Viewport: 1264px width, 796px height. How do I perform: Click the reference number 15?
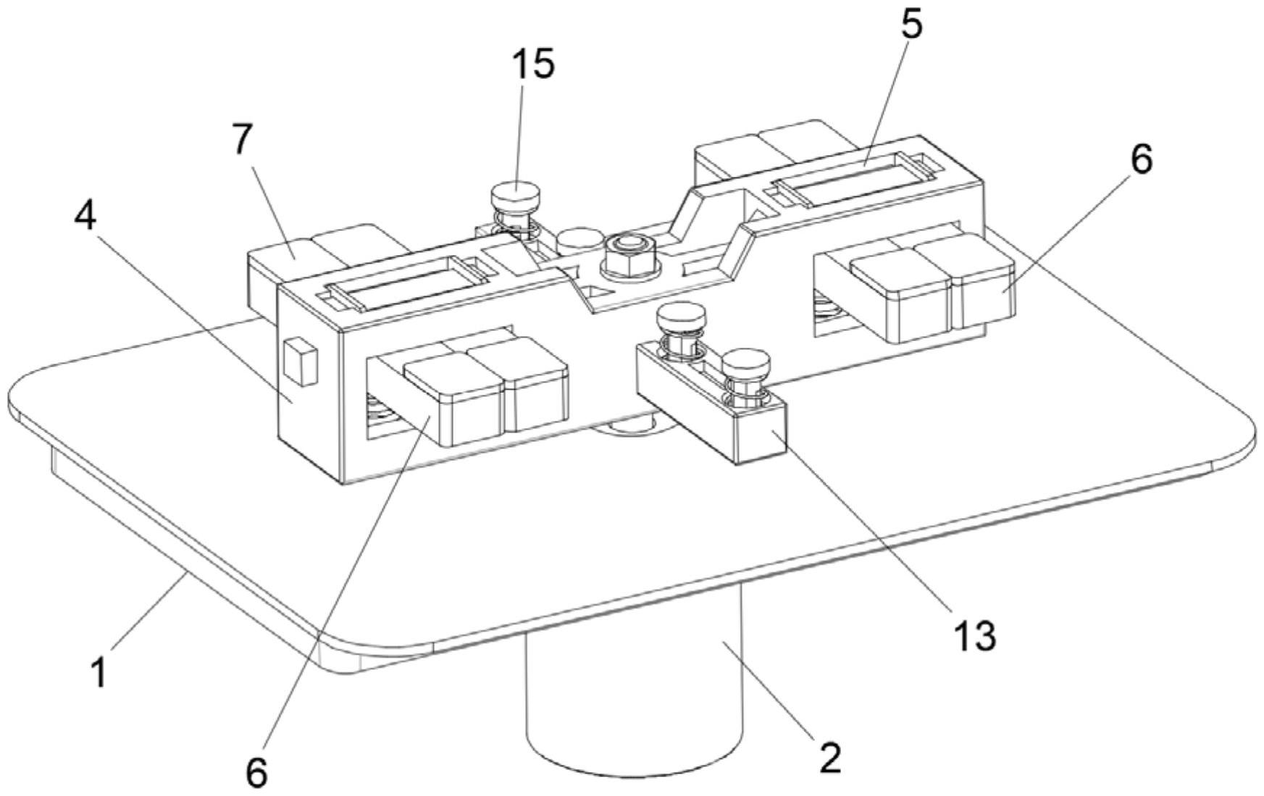533,64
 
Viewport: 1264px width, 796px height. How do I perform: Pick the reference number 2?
830,758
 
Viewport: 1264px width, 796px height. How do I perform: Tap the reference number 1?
99,671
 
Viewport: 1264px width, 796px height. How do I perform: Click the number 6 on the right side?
1141,159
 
